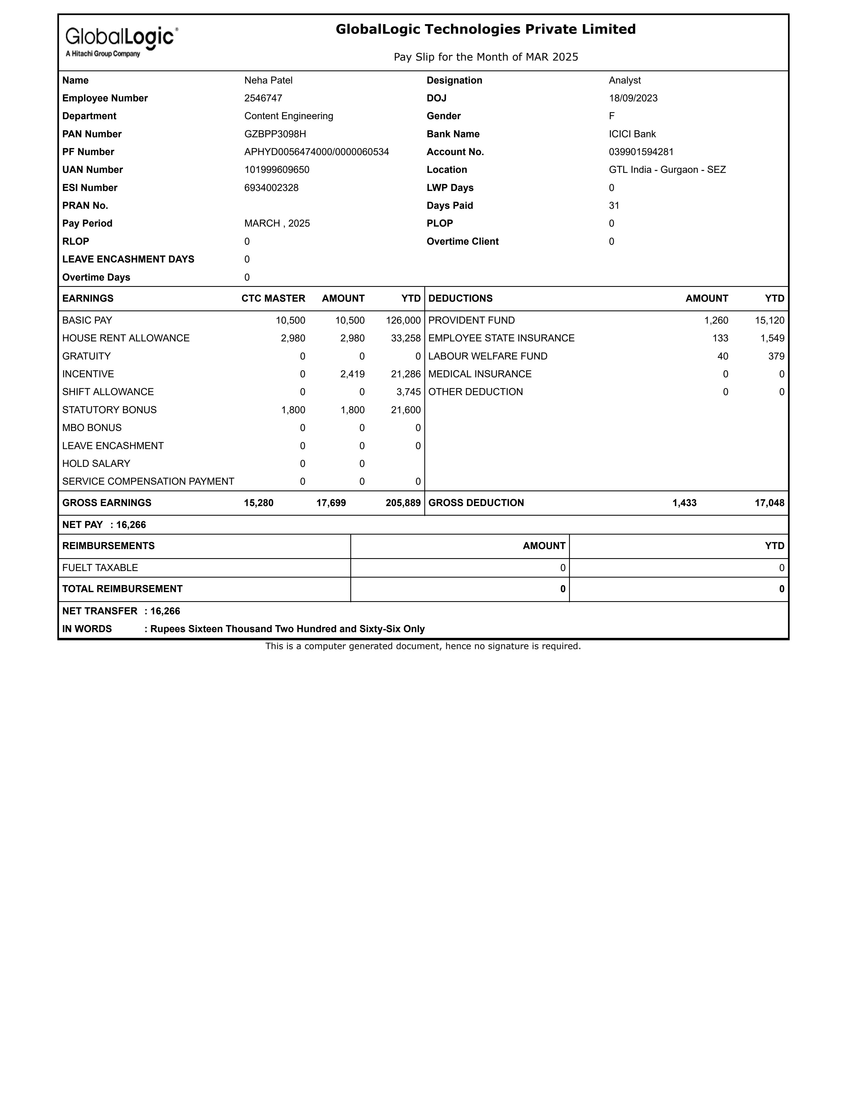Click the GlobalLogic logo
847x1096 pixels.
(x=121, y=41)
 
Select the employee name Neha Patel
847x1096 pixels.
(x=268, y=80)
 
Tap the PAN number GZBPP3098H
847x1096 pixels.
(x=275, y=134)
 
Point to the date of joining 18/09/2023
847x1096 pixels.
(x=633, y=98)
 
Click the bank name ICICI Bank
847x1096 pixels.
(x=632, y=134)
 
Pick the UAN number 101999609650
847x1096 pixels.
(x=277, y=170)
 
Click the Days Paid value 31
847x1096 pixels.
(x=614, y=206)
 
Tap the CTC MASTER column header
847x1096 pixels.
(x=273, y=299)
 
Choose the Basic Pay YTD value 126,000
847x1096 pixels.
(x=403, y=320)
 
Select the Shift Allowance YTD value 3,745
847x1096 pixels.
(x=408, y=392)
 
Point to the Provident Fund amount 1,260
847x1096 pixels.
(x=716, y=320)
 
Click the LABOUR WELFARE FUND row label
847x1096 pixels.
(x=488, y=356)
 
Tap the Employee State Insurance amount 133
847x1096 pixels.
(x=720, y=338)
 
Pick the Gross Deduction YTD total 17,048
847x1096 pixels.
(x=769, y=503)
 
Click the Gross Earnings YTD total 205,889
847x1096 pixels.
(x=403, y=503)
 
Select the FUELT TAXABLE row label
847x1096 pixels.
(x=100, y=567)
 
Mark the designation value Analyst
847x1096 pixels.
(x=625, y=80)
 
